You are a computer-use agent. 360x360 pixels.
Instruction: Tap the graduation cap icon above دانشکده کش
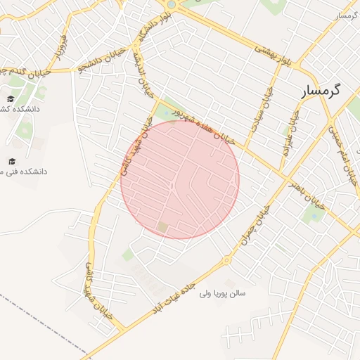[11, 98]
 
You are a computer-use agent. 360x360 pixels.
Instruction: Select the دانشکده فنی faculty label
[25, 172]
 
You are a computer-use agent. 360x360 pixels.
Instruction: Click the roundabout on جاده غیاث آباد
[226, 261]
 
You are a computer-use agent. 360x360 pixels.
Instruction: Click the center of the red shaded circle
[180, 180]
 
